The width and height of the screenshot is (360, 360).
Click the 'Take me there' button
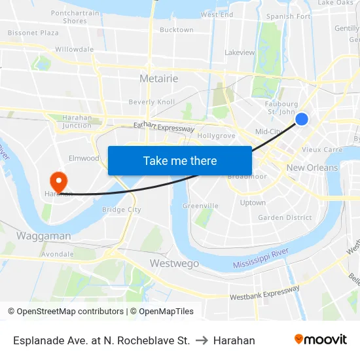[x=180, y=160]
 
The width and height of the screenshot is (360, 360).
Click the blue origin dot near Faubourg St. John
[x=302, y=118]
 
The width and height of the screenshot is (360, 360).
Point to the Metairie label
[x=159, y=79]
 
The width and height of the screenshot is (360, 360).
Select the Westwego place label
[x=174, y=263]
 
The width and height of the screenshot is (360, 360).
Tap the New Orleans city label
[x=312, y=168]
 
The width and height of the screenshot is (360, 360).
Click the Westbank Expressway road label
[x=264, y=293]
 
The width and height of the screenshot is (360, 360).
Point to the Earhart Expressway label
[x=164, y=128]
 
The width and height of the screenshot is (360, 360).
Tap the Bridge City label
[x=121, y=209]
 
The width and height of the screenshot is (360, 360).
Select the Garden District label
[x=285, y=217]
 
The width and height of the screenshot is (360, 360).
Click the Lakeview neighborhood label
[x=240, y=52]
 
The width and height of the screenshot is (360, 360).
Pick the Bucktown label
[x=177, y=29]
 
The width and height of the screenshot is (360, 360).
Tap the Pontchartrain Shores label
[x=75, y=17]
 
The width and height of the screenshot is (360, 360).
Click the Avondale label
[x=57, y=253]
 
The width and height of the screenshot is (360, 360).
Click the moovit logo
[x=320, y=340]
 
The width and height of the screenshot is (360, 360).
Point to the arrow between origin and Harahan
[x=202, y=340]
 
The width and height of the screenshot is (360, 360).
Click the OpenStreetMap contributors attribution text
[x=65, y=312]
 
